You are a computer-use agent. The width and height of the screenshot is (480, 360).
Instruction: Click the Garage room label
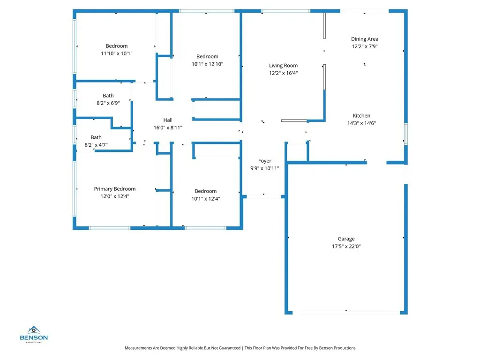346,239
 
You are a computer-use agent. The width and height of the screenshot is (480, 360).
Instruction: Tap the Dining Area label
365,39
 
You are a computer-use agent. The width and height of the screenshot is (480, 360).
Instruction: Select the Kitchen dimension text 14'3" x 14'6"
361,123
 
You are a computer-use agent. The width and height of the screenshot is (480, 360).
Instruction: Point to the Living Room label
283,66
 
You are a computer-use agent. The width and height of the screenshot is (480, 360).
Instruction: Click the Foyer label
265,161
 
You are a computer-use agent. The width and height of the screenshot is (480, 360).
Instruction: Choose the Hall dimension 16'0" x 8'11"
168,127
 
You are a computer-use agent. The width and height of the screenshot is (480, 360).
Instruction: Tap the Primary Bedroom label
115,189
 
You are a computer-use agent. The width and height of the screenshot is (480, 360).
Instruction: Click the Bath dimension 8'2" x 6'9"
108,103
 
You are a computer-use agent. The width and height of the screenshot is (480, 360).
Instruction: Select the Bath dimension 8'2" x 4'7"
96,145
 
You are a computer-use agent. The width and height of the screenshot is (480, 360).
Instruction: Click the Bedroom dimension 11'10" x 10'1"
117,53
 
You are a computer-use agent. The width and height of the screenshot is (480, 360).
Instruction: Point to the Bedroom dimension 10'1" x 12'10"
207,64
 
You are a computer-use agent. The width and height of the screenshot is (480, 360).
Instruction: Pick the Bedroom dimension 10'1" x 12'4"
206,199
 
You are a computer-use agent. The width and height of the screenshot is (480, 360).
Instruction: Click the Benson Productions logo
34,334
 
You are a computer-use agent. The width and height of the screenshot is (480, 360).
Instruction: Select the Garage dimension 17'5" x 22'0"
346,247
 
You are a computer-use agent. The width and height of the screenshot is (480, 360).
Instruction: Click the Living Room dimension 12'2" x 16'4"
283,73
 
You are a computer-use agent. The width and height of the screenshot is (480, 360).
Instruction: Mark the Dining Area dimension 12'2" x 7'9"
365,46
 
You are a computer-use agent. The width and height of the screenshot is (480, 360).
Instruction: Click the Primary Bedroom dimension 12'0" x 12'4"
115,196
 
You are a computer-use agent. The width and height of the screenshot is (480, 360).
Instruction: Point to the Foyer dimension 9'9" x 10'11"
265,168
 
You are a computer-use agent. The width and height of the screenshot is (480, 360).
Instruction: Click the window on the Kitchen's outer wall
405,134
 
